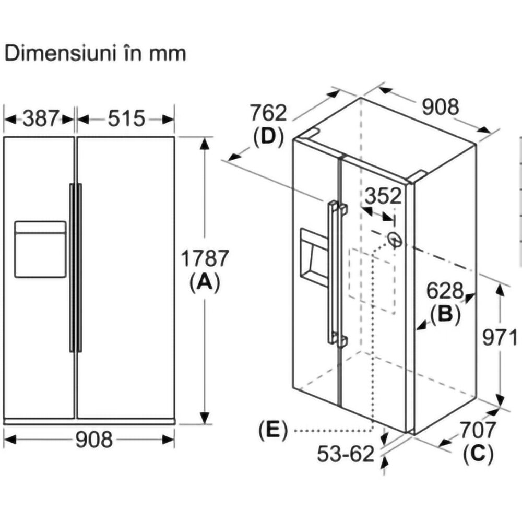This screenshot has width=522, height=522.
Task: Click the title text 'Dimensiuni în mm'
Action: pos(95,54)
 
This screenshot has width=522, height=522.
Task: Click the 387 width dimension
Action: pos(41,118)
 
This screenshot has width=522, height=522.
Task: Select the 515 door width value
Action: pos(126,118)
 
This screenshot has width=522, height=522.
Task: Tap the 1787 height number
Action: pos(205,258)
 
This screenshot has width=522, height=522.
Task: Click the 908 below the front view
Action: pos(94,440)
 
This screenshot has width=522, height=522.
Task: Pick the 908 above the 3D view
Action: pos(441,107)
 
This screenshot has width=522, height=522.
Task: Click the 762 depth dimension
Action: pos(268,113)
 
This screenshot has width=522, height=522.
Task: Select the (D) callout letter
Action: pos(268,137)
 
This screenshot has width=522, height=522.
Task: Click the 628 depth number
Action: pos(445,290)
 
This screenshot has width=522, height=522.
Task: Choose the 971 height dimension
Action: pos(500,338)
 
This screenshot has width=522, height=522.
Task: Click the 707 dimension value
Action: pos(478,430)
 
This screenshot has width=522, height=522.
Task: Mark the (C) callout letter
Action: pos(478,454)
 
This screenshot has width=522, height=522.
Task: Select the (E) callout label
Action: pos(273,431)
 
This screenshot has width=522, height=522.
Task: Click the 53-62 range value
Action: pos(346,454)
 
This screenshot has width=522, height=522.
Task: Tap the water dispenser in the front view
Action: pos(40,249)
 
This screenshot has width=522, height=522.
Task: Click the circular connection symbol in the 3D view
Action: pos(395,239)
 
